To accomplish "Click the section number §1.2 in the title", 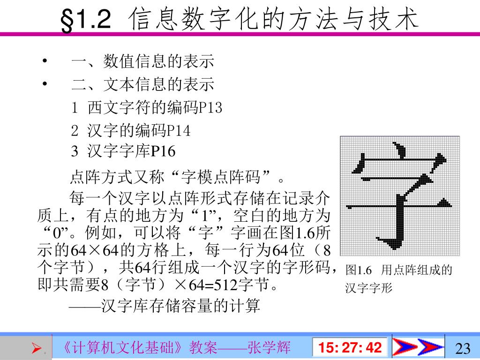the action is click(x=86, y=21).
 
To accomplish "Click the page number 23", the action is click(x=462, y=348).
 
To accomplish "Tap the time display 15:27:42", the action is click(x=350, y=348).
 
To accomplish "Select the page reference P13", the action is click(x=210, y=108).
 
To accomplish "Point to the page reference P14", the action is click(x=179, y=130).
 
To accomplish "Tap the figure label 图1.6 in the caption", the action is click(x=358, y=270).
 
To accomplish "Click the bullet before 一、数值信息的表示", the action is click(x=45, y=61).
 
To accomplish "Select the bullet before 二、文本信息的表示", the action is click(x=45, y=84).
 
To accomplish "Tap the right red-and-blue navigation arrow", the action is click(x=430, y=347).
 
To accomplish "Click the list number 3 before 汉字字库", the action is click(x=75, y=151).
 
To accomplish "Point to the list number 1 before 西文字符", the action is click(x=75, y=108).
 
